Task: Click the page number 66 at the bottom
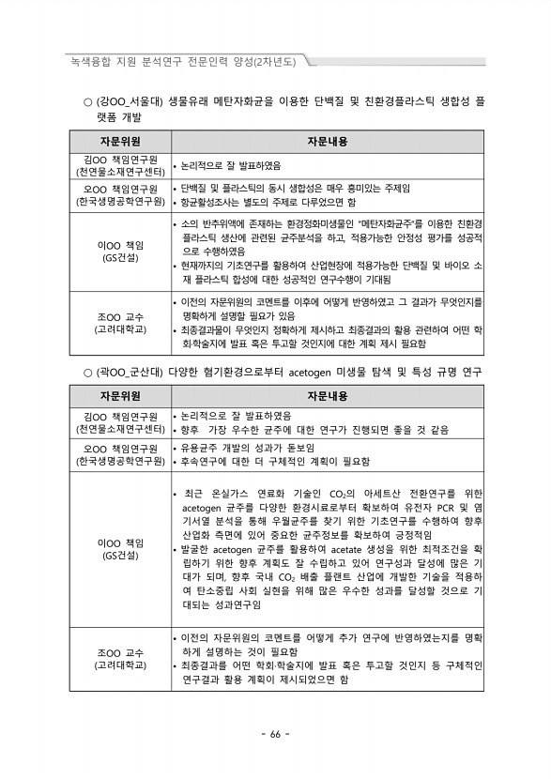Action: click(x=275, y=734)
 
